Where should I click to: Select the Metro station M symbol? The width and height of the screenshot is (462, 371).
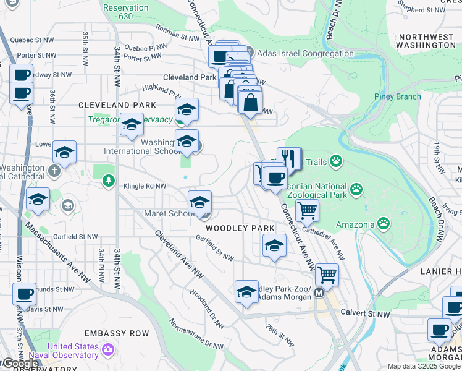click(x=319, y=293)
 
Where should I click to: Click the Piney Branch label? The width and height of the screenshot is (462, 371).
click(x=397, y=96)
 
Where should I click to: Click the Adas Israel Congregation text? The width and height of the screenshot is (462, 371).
click(x=301, y=53)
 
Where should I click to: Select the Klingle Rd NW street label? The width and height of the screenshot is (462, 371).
click(x=145, y=185)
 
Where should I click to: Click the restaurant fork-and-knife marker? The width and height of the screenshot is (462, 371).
click(x=289, y=158)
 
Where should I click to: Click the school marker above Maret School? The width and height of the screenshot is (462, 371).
click(x=199, y=202)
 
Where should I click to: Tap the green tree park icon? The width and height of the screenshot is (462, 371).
click(x=109, y=181)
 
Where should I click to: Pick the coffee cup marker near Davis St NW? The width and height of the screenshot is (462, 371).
click(x=25, y=294)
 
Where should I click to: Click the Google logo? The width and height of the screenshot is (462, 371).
click(x=20, y=364)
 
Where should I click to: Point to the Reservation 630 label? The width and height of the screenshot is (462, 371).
click(x=126, y=12)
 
